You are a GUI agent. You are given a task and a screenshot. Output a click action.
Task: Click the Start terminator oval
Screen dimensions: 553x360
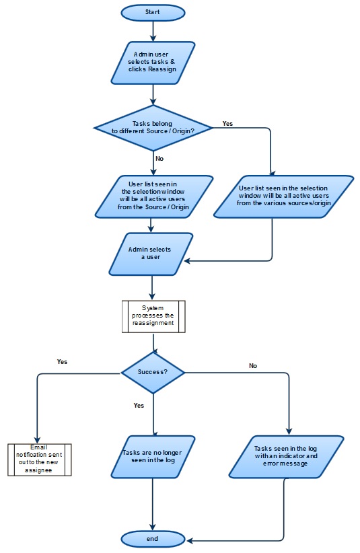153,12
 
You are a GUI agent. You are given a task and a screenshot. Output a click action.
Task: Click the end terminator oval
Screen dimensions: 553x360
153,539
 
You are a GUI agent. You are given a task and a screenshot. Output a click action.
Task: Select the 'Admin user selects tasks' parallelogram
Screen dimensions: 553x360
153,63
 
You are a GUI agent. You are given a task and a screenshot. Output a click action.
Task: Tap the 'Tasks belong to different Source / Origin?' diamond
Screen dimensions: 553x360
154,127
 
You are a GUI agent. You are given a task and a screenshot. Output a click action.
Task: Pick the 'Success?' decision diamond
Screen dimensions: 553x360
153,371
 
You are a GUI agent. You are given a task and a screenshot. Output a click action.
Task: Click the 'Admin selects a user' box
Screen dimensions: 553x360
150,254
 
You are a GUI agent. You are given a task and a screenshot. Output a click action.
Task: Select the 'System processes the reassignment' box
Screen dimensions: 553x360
153,316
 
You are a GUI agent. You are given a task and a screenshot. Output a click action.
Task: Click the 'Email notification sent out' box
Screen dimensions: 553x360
39,460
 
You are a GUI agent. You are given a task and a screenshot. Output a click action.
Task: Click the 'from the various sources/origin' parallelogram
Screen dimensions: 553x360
283,196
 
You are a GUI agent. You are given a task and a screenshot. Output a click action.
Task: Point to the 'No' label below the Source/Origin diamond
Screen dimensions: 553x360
159,159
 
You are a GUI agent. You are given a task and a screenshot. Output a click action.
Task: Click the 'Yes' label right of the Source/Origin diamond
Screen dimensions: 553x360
227,124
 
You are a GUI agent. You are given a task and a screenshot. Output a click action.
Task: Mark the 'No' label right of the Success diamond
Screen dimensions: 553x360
253,366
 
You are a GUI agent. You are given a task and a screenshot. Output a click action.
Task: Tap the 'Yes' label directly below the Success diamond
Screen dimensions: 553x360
139,406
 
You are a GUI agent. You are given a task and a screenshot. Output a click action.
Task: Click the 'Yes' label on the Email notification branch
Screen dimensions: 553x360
62,361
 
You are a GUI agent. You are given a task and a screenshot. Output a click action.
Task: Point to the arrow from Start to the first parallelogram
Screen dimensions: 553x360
153,30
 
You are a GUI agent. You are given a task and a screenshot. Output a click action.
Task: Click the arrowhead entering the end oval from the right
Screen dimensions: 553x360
189,540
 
